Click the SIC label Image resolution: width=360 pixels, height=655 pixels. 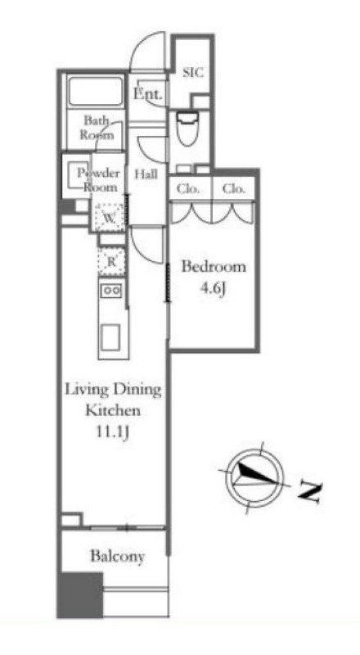click(x=193, y=72)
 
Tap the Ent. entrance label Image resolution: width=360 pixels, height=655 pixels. click(x=147, y=93)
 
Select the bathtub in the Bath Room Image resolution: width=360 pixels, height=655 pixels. click(x=96, y=91)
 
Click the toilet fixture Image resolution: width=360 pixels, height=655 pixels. click(x=187, y=128)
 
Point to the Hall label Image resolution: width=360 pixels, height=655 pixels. click(x=146, y=174)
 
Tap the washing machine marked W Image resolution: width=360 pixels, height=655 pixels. click(x=109, y=217)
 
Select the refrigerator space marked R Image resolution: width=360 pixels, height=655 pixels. click(x=111, y=262)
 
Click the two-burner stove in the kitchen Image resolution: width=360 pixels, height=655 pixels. click(x=111, y=290)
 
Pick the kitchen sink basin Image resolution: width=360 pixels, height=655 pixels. click(x=110, y=337)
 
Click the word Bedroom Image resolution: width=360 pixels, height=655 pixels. click(x=214, y=267)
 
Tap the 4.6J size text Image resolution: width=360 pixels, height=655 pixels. click(x=213, y=289)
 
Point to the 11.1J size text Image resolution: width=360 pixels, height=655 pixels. click(x=112, y=432)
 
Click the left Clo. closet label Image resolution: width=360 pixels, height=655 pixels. click(x=188, y=189)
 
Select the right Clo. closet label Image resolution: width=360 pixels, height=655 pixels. click(x=234, y=189)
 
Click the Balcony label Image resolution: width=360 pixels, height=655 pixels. click(x=118, y=557)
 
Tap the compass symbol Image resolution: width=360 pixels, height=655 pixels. click(x=254, y=478)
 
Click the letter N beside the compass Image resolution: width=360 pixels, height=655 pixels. click(x=310, y=492)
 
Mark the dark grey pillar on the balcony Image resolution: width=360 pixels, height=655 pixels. click(x=80, y=595)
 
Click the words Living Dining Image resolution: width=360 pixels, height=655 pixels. click(x=113, y=391)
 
